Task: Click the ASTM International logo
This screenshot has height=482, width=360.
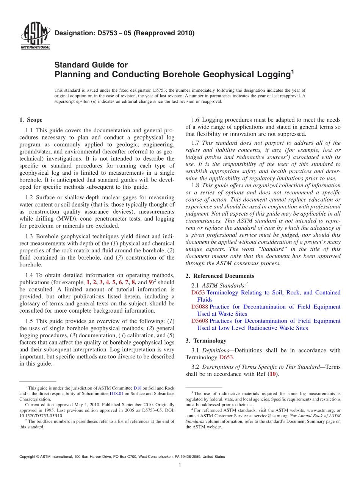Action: pos(35,37)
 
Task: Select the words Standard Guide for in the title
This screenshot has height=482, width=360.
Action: pos(91,65)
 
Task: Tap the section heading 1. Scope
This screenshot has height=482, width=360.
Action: pos(31,120)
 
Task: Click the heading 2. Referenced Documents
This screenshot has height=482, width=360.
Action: pos(220,276)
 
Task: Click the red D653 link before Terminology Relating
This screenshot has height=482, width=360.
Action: pos(198,293)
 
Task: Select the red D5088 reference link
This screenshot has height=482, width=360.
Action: pos(199,307)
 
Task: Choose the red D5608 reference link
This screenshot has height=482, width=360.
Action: pos(199,321)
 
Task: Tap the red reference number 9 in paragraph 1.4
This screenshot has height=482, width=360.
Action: pos(150,282)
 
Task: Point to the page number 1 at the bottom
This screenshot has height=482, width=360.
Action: pos(180,466)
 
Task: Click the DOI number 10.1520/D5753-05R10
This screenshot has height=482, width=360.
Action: pos(41,416)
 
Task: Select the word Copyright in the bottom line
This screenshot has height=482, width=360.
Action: pos(28,457)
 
